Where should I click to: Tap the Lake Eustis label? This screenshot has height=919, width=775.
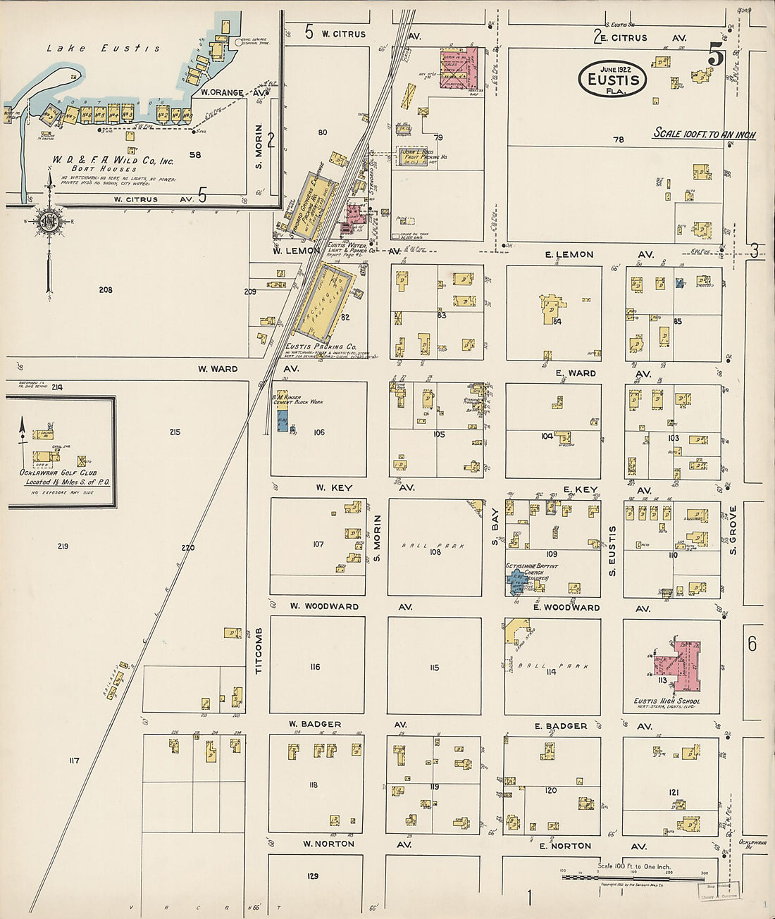click(103, 49)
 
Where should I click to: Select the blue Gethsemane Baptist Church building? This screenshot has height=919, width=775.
click(517, 582)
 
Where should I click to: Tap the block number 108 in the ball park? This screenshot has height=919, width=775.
click(435, 552)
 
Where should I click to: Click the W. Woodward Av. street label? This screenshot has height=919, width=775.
click(324, 606)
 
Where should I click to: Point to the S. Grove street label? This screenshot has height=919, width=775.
click(733, 530)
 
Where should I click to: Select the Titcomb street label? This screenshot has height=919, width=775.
click(259, 650)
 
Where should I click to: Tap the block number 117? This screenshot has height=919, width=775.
click(74, 761)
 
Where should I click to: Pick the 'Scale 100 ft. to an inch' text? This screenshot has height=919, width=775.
click(705, 133)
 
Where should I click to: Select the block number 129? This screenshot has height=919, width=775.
click(313, 876)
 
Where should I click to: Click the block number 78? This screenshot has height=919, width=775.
click(619, 139)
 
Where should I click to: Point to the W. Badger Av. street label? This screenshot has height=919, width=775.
click(315, 724)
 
